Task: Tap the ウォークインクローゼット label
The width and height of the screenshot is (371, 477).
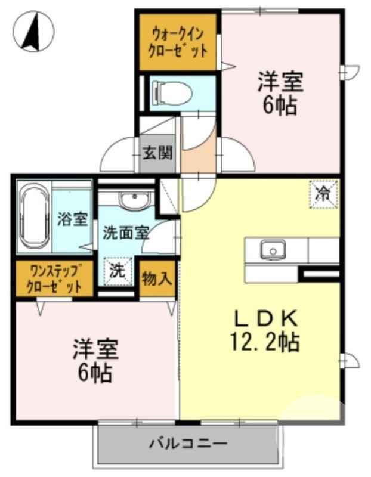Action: coord(179,41)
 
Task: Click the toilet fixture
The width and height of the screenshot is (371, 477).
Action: coord(172,92)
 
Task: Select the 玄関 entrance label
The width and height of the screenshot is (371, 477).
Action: coord(157,153)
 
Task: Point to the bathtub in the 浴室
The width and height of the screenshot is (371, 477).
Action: coord(35,218)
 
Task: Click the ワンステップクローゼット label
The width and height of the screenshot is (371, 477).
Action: coord(54,279)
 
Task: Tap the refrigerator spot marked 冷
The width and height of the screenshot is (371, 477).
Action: coord(323,194)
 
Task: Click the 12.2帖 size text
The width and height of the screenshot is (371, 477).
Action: coord(264,342)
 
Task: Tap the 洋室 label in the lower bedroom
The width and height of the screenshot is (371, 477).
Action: coord(95,349)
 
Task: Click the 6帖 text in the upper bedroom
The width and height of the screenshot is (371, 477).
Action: coord(280,106)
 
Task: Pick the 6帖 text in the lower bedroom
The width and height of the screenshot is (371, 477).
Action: coord(95,373)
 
